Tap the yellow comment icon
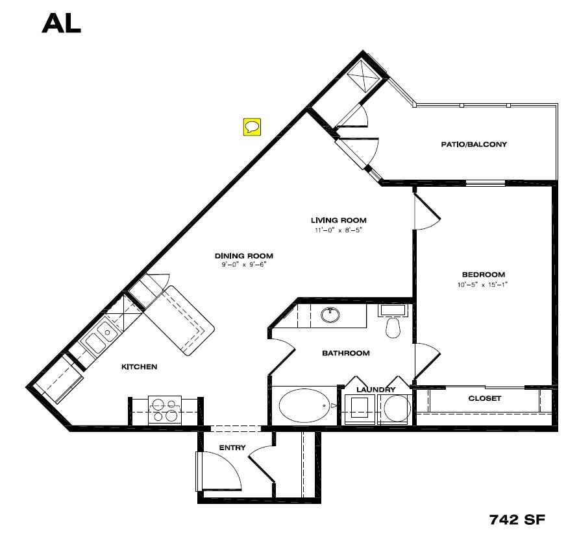252,126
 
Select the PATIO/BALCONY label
473,144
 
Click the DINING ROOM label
243,255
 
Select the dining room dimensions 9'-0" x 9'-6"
243,264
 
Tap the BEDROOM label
483,274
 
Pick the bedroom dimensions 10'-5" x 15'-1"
483,284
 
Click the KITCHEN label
140,367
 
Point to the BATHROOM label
346,353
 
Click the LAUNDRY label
376,389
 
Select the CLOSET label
484,398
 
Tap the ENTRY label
232,448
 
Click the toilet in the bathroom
392,326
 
